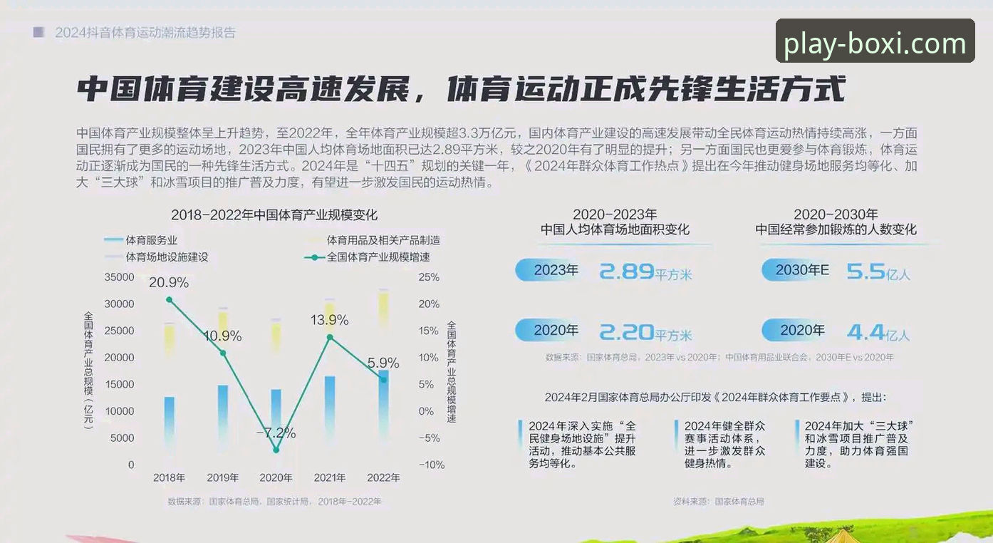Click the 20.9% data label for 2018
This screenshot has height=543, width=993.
pyautogui.click(x=169, y=283)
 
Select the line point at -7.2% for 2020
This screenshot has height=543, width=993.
pyautogui.click(x=276, y=450)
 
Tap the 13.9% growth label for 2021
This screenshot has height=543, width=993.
pyautogui.click(x=329, y=321)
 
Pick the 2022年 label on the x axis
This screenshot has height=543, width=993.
pyautogui.click(x=383, y=477)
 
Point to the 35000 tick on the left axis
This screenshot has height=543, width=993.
pyautogui.click(x=119, y=277)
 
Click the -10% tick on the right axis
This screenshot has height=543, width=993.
pyautogui.click(x=430, y=465)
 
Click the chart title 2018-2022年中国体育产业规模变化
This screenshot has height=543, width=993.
pyautogui.click(x=274, y=215)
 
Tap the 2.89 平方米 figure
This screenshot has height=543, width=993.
pyautogui.click(x=645, y=271)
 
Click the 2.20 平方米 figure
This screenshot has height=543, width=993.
pyautogui.click(x=645, y=332)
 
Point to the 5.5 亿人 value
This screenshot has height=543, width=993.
pyautogui.click(x=878, y=271)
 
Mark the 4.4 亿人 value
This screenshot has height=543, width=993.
pyautogui.click(x=878, y=332)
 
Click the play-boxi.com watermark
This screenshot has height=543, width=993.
pyautogui.click(x=875, y=44)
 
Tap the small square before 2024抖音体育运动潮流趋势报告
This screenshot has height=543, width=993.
pyautogui.click(x=38, y=32)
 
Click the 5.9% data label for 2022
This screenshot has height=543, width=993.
pyautogui.click(x=383, y=363)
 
